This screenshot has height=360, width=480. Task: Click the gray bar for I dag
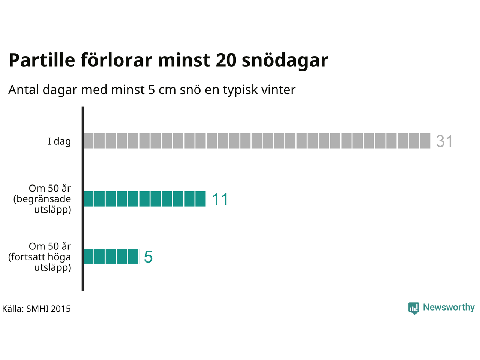click(x=257, y=141)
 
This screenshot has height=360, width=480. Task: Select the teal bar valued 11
click(x=144, y=199)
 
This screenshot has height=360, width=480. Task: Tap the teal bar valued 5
click(x=111, y=256)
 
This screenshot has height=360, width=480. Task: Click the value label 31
click(x=444, y=141)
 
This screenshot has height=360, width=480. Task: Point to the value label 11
click(x=220, y=199)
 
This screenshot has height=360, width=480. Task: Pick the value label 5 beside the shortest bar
click(x=148, y=256)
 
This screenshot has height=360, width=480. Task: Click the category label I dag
click(x=59, y=141)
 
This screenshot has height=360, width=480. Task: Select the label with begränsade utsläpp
click(x=42, y=199)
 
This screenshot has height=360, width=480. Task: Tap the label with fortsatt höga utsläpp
click(x=40, y=257)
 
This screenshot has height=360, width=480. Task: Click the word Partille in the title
click(x=42, y=60)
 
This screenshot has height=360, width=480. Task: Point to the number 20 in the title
click(x=226, y=60)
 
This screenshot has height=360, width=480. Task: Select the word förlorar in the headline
click(x=116, y=60)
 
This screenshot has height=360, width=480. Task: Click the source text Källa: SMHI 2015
click(x=36, y=309)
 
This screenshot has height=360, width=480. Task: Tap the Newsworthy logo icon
click(x=414, y=308)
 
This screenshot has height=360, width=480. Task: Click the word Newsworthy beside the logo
click(x=449, y=307)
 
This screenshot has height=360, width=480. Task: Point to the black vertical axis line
click(x=82, y=199)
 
